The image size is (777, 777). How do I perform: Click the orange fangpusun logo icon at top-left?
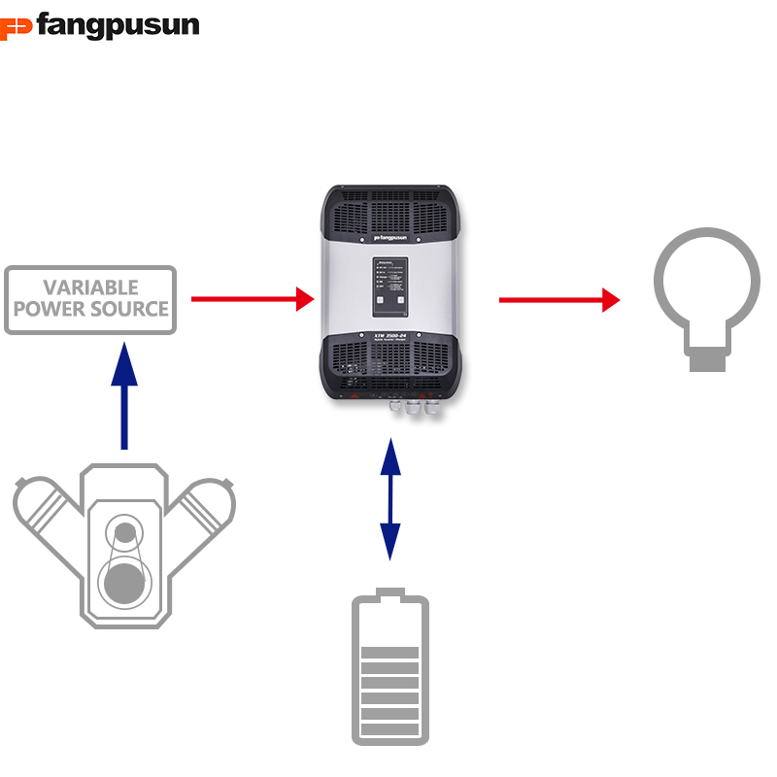[17, 25]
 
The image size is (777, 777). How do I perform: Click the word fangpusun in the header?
[118, 25]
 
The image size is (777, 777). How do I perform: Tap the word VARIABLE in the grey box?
[90, 288]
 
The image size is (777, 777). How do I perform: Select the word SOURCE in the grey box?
[130, 310]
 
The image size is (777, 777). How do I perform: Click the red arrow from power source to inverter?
[253, 299]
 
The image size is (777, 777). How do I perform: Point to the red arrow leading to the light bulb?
[558, 300]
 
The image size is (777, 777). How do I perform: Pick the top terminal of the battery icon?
[389, 593]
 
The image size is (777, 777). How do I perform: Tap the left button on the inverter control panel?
[382, 301]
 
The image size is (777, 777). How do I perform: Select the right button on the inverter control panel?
[398, 301]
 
